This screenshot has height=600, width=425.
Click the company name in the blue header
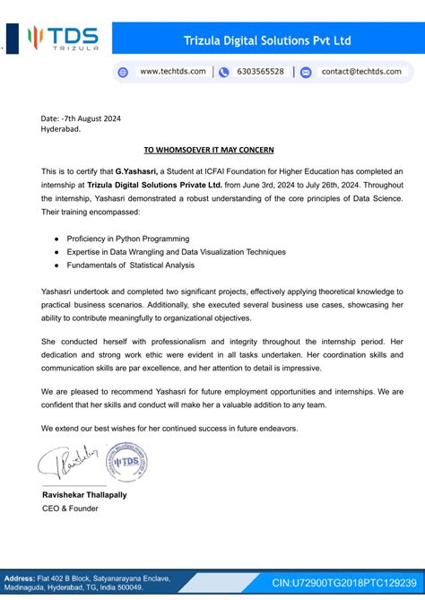[266, 40]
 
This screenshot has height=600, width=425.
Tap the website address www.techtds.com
[173, 72]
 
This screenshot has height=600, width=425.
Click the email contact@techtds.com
[361, 72]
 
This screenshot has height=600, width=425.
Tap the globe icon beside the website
[124, 72]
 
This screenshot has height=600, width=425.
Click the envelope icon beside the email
[306, 72]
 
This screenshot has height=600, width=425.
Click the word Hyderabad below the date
[60, 129]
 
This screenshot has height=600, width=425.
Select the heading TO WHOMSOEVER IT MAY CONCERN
[209, 149]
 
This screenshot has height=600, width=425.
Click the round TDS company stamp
[124, 462]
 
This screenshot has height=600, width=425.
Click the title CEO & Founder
[70, 509]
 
